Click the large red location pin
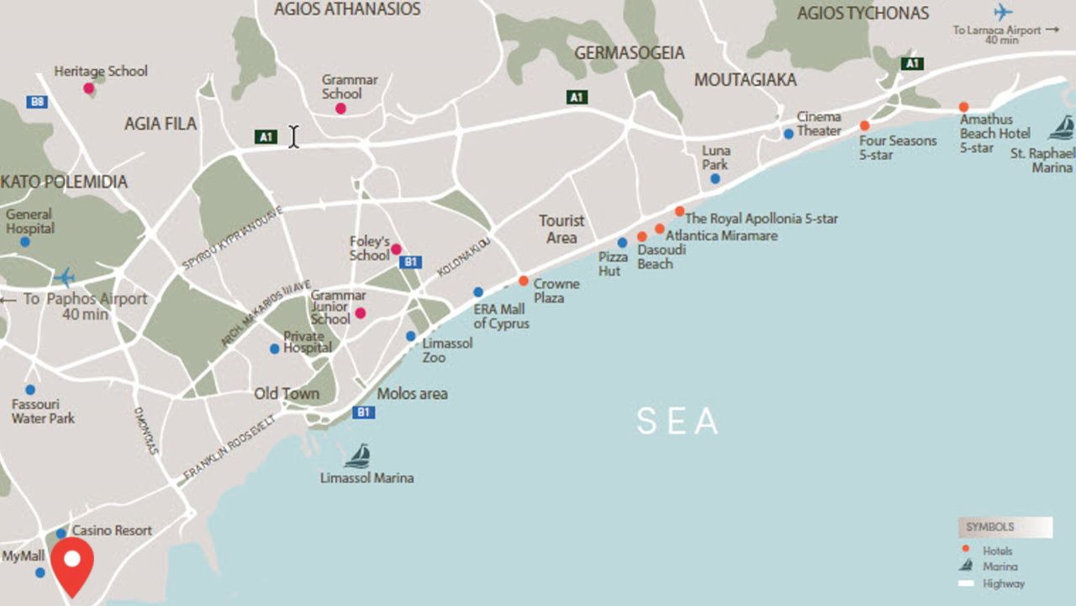tap(72, 564)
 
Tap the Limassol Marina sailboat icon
tap(358, 456)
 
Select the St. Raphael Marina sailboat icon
tap(1062, 128)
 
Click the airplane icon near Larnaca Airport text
tap(1002, 12)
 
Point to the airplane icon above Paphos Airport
tap(64, 277)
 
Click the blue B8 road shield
tap(36, 102)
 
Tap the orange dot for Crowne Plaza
tap(523, 281)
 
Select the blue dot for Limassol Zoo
tap(410, 336)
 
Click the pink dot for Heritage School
tap(88, 88)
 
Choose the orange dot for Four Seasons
tap(864, 125)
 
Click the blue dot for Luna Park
tap(715, 178)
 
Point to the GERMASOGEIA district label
tap(629, 53)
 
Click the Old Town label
tap(287, 394)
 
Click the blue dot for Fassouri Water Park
tap(30, 390)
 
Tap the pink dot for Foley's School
tap(396, 249)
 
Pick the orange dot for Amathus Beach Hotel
tap(963, 107)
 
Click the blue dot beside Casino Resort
tap(61, 533)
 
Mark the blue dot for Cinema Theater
tap(789, 133)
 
